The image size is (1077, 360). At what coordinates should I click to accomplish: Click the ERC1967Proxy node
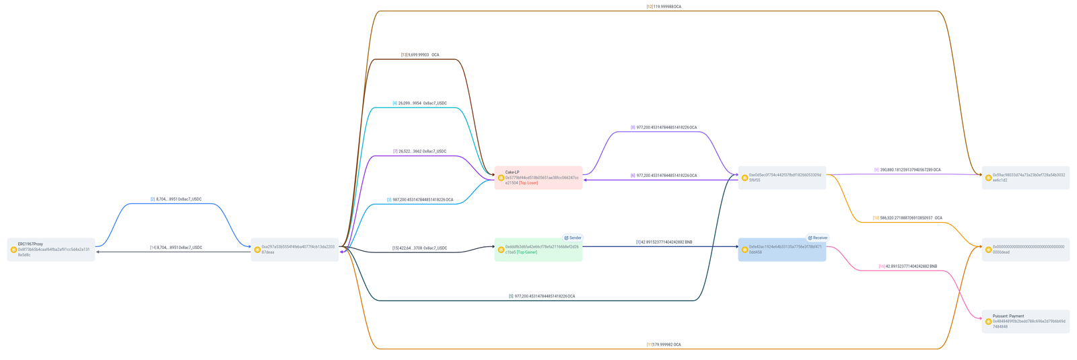tap(51, 250)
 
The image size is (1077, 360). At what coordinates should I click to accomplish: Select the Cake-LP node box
tap(538, 178)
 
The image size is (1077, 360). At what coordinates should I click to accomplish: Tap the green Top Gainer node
tap(538, 250)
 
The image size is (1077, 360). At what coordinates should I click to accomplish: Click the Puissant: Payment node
tap(1026, 322)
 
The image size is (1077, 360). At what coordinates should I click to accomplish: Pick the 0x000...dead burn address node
tap(1026, 250)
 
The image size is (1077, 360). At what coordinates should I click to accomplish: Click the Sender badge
tap(573, 238)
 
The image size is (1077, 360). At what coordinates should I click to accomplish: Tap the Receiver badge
tap(818, 238)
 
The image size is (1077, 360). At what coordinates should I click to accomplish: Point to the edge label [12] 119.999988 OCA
tap(664, 7)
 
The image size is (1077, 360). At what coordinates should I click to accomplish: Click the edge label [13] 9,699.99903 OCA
tap(420, 55)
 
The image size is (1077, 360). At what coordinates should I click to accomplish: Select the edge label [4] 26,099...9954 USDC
tap(419, 103)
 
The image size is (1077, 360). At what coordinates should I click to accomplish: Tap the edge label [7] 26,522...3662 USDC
tap(419, 151)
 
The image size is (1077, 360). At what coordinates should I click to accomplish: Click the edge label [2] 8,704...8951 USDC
tap(176, 199)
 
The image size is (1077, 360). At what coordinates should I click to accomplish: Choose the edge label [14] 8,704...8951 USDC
tap(176, 248)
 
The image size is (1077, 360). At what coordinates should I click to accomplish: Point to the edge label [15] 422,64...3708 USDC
tap(419, 248)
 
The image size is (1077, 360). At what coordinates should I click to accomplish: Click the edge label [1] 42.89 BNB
tap(664, 242)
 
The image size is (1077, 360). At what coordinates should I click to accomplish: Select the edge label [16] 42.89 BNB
tap(907, 266)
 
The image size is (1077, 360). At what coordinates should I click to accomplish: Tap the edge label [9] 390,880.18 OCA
tap(907, 170)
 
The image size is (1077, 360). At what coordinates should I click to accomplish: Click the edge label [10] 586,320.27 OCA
tap(907, 218)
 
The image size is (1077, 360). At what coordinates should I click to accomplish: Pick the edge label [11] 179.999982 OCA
tap(664, 345)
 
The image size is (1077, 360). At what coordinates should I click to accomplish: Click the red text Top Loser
tap(528, 183)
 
